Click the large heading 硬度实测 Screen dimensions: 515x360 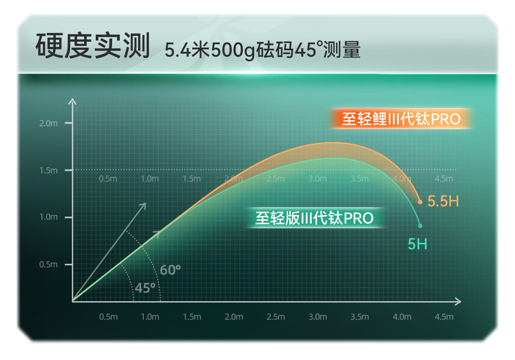click(93, 45)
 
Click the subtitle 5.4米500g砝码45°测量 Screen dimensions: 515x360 click(263, 50)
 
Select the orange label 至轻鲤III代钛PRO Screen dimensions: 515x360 click(401, 119)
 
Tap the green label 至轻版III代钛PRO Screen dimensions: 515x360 click(315, 218)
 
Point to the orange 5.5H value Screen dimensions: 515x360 click(443, 201)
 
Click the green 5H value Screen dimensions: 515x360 click(417, 244)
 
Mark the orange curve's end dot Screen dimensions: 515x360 click(420, 202)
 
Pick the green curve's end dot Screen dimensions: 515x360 click(420, 226)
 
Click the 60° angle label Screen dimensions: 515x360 click(170, 269)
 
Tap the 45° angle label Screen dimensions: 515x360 click(145, 288)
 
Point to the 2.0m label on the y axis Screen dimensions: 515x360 click(48, 124)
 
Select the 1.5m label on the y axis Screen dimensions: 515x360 click(48, 171)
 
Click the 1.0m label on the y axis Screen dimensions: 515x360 click(48, 217)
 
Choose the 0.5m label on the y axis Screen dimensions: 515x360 click(48, 265)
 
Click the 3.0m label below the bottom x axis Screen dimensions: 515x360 click(318, 317)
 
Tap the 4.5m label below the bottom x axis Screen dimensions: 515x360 click(444, 317)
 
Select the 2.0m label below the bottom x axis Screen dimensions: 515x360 click(233, 317)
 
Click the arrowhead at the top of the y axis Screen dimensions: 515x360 click(73, 99)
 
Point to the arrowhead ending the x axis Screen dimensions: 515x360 click(461, 302)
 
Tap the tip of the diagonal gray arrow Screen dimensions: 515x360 click(146, 203)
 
